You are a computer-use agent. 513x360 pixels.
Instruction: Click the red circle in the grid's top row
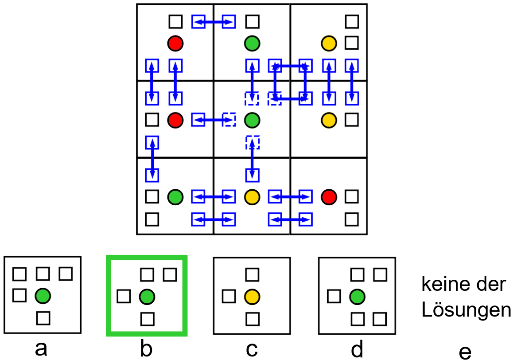tap(175, 43)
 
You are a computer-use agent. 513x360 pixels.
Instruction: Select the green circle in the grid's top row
tap(252, 43)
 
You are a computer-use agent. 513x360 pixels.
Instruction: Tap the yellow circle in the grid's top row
tap(329, 43)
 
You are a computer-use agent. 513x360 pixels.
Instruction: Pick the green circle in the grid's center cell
tap(252, 120)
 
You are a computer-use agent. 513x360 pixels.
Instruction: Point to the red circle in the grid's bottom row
tap(329, 196)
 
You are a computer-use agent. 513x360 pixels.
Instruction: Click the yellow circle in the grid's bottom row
tap(252, 196)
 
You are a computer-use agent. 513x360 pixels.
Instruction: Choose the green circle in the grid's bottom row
tap(175, 196)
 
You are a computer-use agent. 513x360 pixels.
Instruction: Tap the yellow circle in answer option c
tap(252, 296)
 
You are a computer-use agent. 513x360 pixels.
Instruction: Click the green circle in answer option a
tap(43, 295)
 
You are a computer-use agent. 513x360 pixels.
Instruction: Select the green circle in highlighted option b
tap(147, 296)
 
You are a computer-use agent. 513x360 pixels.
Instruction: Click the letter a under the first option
tap(41, 349)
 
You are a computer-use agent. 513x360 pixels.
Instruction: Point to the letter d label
tap(357, 349)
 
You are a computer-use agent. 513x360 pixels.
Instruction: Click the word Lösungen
tap(466, 310)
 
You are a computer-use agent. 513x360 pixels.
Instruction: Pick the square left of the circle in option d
tap(334, 296)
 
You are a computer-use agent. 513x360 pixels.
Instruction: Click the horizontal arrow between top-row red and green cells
tap(214, 21)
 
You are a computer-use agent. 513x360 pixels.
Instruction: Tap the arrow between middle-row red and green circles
tap(214, 120)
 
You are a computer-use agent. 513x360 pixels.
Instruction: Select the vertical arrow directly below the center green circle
tap(252, 159)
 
